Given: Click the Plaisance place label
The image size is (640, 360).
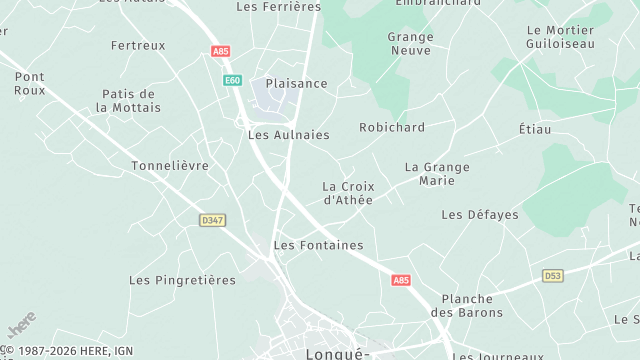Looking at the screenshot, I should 296,83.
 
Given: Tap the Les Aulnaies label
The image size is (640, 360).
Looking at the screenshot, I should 288,134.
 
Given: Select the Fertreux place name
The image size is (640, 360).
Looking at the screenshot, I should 138,45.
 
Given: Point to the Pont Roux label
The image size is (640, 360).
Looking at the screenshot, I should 30,83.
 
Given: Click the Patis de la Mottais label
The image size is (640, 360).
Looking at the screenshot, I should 128,101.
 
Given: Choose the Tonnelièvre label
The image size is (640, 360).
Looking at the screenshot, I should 170,165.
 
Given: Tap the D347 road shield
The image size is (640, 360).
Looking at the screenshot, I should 211,220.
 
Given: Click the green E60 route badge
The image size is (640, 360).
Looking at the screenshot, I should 232,80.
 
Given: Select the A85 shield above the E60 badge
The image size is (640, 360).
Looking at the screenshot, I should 220,51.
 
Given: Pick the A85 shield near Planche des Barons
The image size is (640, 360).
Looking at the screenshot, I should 401,281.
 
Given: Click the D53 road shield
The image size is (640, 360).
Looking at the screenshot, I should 552,275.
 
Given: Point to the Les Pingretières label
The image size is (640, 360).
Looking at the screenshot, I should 182,280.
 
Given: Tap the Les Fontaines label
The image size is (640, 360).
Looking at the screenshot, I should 318,245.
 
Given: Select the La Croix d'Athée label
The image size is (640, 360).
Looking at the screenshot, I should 347,193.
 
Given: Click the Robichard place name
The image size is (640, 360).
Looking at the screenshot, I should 392,127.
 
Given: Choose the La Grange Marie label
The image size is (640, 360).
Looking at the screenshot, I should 437,173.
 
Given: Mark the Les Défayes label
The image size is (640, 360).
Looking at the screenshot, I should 480,214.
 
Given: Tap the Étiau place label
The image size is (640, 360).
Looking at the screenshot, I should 535,129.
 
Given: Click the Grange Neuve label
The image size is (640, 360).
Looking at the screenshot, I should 410,43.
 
